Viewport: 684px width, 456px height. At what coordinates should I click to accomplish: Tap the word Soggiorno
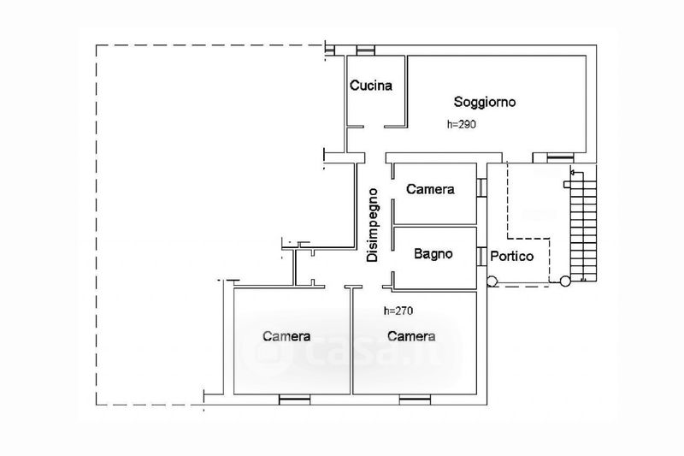485,102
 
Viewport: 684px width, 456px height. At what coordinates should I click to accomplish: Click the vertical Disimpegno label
373,225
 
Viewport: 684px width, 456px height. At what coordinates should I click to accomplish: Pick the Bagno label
433,254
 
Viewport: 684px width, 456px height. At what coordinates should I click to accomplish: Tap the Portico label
512,256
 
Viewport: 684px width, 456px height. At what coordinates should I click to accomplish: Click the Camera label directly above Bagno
430,189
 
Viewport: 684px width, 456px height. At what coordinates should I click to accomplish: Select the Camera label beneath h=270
411,336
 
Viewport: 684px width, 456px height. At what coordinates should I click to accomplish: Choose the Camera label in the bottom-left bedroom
286,336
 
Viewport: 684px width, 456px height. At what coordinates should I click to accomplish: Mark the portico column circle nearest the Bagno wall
492,281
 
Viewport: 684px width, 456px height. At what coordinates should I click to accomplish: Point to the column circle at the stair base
564,281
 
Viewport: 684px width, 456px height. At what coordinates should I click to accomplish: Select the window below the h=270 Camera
413,398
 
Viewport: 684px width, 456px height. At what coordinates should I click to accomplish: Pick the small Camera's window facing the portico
482,187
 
